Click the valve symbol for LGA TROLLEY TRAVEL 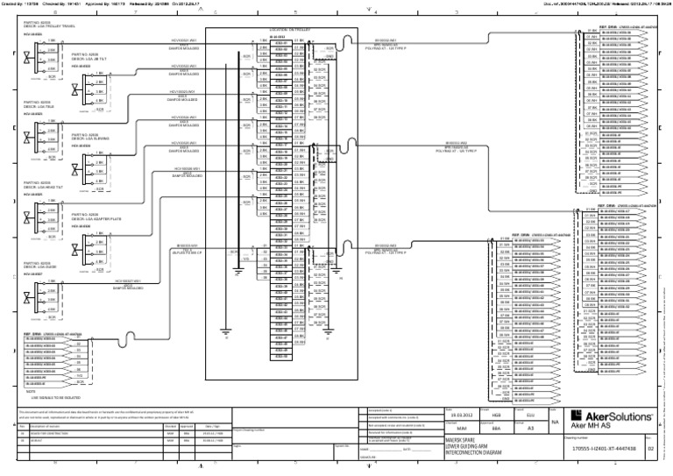coord(29,58)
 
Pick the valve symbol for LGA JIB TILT coord(79,83)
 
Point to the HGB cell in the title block coord(496,392)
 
